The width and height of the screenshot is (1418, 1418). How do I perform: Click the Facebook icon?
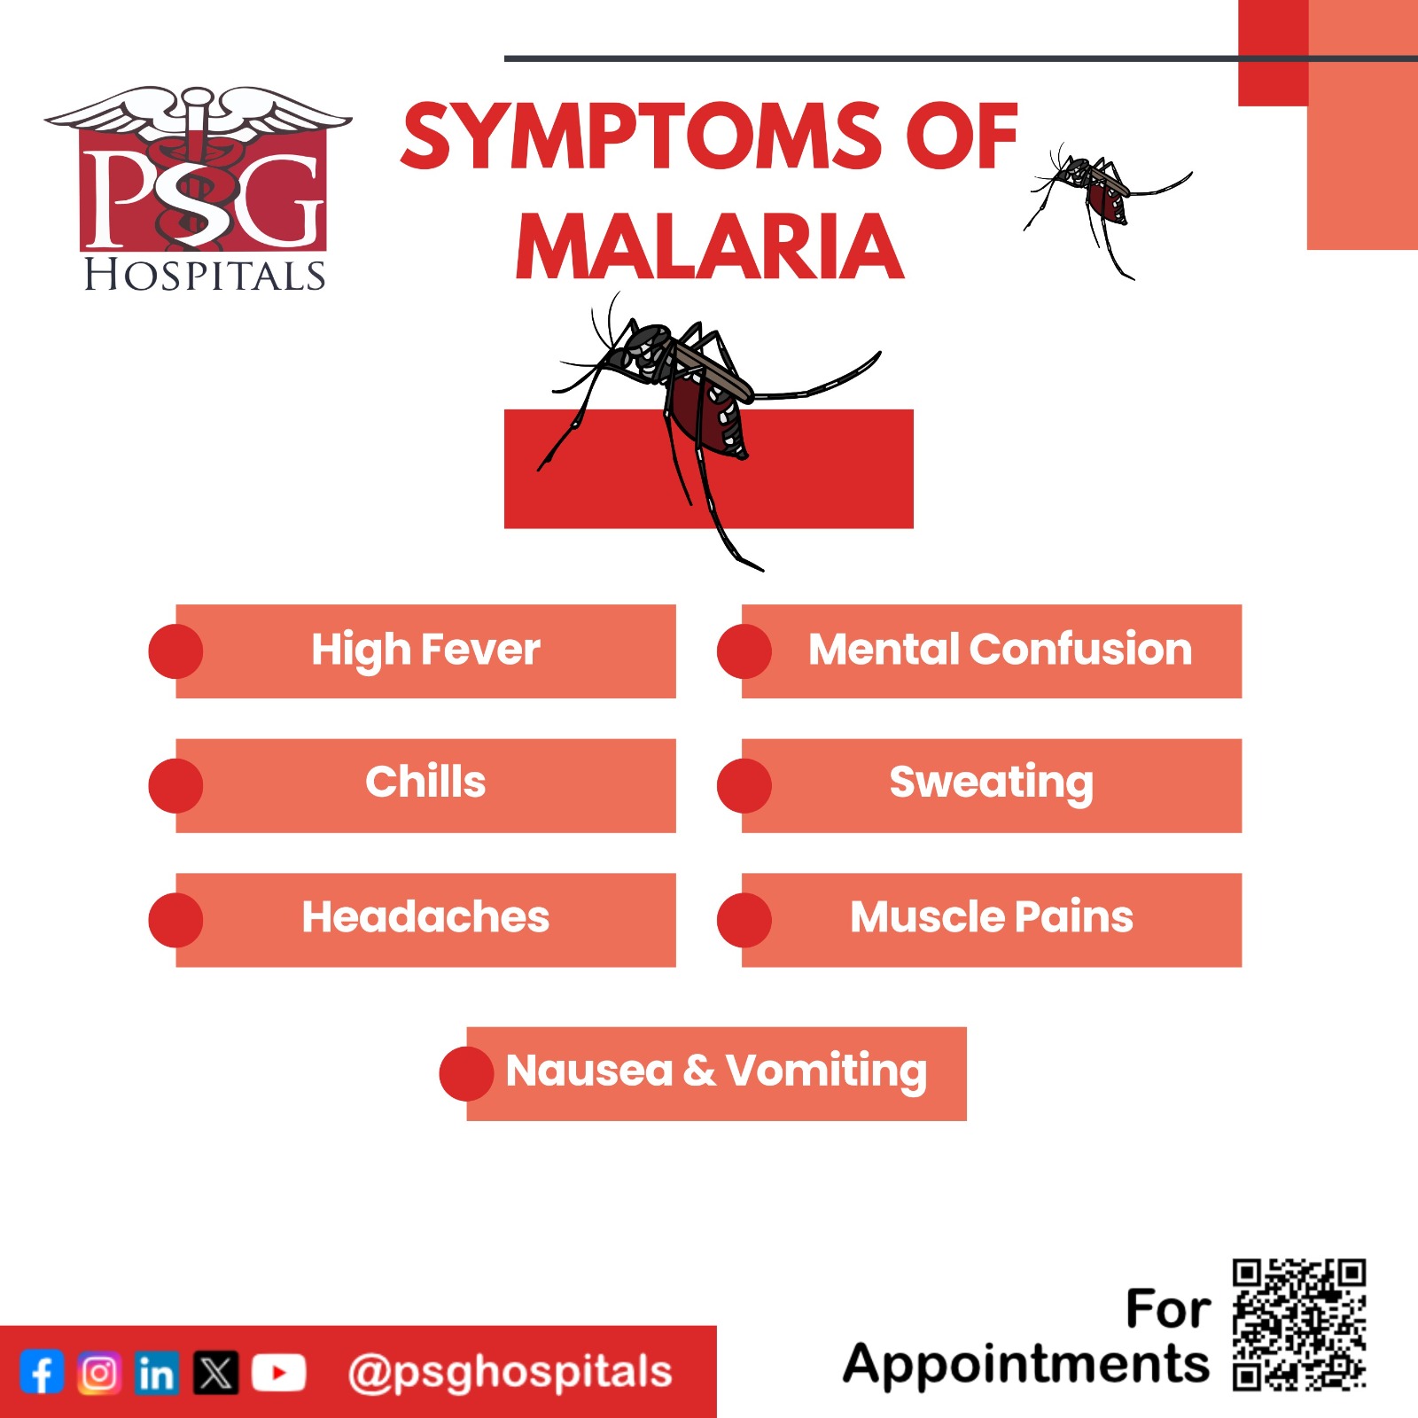(42, 1373)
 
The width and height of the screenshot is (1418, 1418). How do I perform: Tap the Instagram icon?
(99, 1373)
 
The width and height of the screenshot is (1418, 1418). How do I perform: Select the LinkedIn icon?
(157, 1373)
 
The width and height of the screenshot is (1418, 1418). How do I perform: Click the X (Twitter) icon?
(216, 1373)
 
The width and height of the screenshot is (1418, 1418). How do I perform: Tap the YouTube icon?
(278, 1373)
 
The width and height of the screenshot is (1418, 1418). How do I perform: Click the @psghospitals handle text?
(510, 1373)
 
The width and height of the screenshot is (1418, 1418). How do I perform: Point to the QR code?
(1299, 1323)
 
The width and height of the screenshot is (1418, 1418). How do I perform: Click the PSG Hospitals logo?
(199, 189)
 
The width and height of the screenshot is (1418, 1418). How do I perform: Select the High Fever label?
(425, 650)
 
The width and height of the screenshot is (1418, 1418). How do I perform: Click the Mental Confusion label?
(1001, 649)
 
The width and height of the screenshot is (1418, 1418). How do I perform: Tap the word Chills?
(425, 782)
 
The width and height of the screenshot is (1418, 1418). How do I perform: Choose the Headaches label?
(425, 916)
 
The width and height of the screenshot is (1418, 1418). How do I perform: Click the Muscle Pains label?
(992, 916)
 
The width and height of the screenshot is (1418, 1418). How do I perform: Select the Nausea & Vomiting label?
(716, 1071)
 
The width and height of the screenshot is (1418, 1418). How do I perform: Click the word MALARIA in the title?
(710, 246)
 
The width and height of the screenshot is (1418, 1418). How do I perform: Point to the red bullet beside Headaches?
(175, 920)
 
